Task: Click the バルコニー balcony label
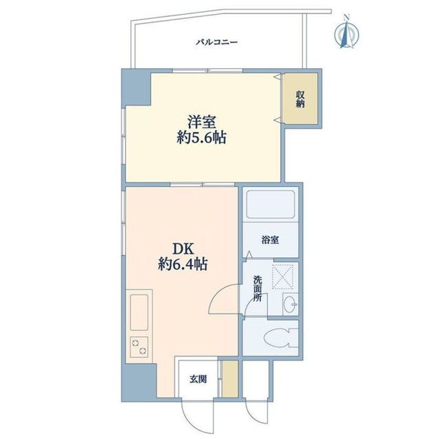click(216, 42)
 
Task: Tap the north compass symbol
click(347, 32)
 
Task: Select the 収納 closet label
click(301, 99)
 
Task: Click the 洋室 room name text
click(202, 122)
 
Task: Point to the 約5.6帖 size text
click(202, 138)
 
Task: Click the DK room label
click(184, 249)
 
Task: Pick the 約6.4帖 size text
click(183, 264)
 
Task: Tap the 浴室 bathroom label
click(270, 240)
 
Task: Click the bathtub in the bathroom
click(271, 205)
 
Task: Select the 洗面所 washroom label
click(257, 288)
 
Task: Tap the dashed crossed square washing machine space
click(283, 277)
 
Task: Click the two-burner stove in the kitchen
click(139, 346)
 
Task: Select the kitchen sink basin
click(139, 312)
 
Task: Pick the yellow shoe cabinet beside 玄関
click(230, 379)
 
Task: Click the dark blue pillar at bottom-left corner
click(139, 381)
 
